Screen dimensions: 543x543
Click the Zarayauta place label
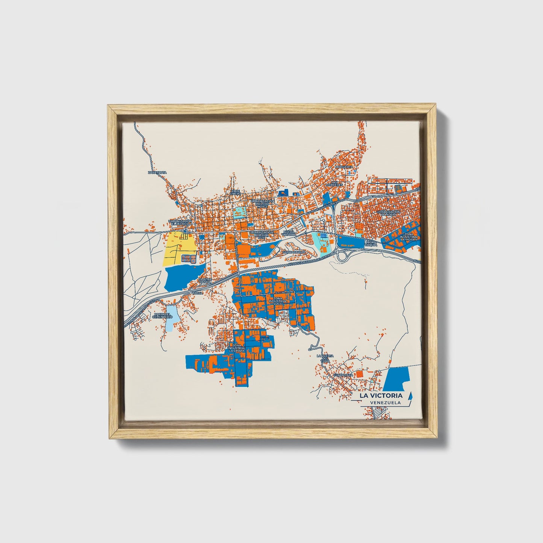pos(157,172)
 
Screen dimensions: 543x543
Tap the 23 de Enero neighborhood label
pos(235,193)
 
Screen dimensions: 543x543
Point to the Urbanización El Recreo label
pos(180,223)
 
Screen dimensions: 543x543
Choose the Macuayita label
pos(344,166)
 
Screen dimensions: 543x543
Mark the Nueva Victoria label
pos(289,233)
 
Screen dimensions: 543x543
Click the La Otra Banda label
pos(206,281)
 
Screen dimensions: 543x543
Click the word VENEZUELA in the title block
pos(385,402)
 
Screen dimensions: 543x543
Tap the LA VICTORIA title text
pos(381,395)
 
